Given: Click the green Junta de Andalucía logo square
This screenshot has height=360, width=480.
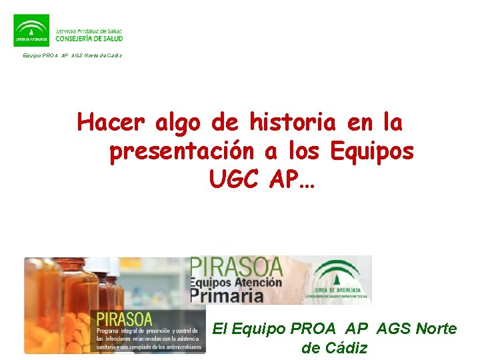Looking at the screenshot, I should (31, 30).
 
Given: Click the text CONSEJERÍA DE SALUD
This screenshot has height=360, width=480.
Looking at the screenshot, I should (90, 39).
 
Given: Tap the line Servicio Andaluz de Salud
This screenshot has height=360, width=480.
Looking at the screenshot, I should (90, 30).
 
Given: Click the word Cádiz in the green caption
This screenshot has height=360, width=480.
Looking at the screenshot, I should (345, 347).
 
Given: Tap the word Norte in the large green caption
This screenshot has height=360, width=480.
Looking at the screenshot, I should (435, 329).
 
